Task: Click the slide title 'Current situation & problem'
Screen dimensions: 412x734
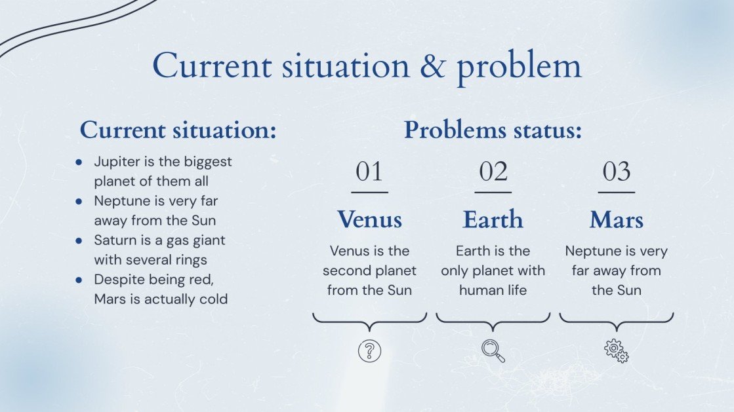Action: [367, 66]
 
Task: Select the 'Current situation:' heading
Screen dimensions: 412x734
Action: [178, 130]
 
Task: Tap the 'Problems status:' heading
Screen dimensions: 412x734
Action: [493, 130]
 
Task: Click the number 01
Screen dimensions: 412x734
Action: [369, 172]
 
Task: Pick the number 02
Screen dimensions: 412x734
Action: [493, 172]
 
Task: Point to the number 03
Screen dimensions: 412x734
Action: [616, 172]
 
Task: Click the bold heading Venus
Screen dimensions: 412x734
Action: [369, 219]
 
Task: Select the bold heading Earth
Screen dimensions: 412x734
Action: [493, 219]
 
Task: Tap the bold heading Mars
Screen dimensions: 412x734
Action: [616, 219]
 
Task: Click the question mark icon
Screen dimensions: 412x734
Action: [369, 350]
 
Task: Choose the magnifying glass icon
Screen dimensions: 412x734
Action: [493, 350]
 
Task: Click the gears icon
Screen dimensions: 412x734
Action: [616, 350]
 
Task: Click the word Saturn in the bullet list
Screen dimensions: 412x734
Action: [113, 240]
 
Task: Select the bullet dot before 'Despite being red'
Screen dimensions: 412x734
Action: [79, 280]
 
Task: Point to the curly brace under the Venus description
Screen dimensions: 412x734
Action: [369, 321]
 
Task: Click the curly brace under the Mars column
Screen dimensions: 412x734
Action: [616, 321]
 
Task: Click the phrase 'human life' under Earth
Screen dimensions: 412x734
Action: [493, 290]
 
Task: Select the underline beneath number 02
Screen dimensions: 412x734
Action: [493, 192]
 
